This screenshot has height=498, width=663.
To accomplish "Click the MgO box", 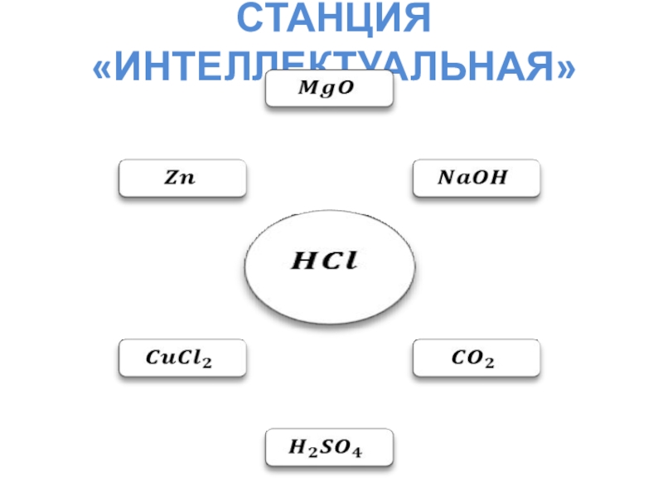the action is tap(329, 89).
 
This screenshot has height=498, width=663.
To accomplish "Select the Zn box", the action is tap(182, 178).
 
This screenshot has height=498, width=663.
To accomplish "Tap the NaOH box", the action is tap(477, 178).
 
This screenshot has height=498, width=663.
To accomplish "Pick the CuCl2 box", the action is tap(182, 359).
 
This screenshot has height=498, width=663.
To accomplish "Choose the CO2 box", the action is tap(477, 359).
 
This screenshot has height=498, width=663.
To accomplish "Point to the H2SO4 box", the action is tap(329, 449).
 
